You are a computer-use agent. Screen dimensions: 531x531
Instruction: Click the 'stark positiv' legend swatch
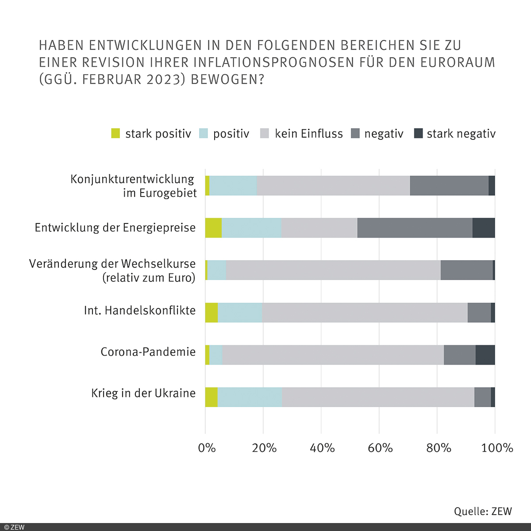(x=115, y=133)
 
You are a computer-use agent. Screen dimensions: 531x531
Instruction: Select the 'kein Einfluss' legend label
(x=308, y=134)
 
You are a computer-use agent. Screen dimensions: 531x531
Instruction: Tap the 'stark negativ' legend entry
(x=461, y=134)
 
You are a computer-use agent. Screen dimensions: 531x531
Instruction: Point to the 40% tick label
(x=322, y=448)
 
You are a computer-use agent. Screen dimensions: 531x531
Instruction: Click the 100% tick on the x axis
(x=497, y=448)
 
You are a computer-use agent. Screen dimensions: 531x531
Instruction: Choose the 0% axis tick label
(x=207, y=448)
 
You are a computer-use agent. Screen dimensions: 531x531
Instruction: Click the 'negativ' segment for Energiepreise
(x=415, y=228)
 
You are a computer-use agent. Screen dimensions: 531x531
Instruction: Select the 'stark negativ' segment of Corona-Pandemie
(x=485, y=355)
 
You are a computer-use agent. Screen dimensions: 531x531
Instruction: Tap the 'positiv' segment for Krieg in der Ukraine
(x=250, y=397)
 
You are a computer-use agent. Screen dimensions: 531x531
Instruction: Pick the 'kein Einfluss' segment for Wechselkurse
(x=333, y=270)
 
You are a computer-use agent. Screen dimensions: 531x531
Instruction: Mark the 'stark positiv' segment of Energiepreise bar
(x=213, y=228)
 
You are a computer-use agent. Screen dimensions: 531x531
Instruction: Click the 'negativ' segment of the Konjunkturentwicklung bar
(x=449, y=185)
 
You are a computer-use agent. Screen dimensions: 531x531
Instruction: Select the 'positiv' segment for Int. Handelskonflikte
(x=239, y=312)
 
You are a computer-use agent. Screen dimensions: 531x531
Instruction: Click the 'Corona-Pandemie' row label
(x=148, y=352)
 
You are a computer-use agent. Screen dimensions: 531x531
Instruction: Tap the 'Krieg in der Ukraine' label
(x=143, y=393)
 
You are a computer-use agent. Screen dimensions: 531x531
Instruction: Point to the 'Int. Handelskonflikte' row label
(x=140, y=310)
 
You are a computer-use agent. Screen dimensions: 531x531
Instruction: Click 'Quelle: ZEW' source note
(x=483, y=511)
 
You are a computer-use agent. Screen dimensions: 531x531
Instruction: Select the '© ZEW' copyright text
(x=14, y=527)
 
